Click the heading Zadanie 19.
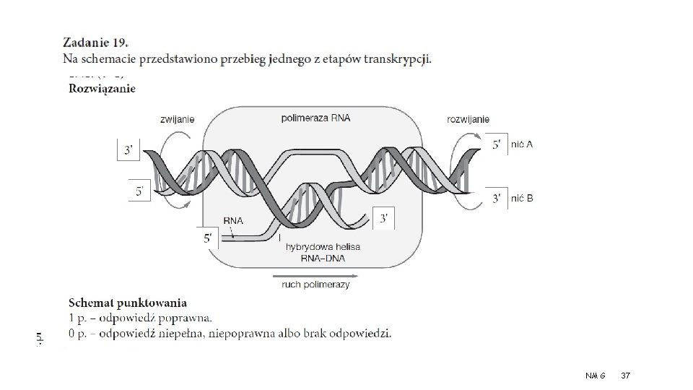coord(100,43)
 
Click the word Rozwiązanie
coord(102,89)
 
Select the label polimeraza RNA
coord(315,118)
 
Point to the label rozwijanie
coord(468,118)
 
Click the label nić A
coord(522,144)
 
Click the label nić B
coord(522,198)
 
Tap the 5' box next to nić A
coord(497,144)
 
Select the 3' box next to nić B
coord(497,198)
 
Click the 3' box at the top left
coord(128,150)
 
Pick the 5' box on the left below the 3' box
coord(139,191)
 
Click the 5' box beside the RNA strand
coord(208,236)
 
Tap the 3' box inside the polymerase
coord(385,217)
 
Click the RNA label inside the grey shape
coord(233,221)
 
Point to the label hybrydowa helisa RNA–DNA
coord(323,252)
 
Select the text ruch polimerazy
coord(315,285)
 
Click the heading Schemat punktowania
coord(127,303)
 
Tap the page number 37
coord(625,375)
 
